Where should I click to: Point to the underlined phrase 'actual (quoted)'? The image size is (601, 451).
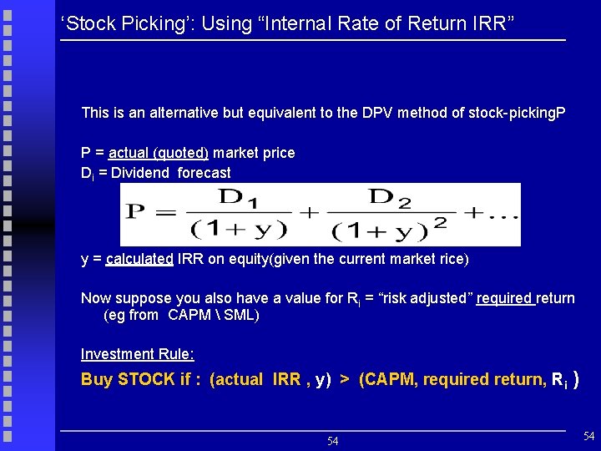point(159,153)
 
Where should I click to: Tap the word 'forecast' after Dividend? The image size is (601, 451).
point(204,173)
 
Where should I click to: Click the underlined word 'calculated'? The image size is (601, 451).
point(139,259)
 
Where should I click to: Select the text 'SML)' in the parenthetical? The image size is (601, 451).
point(240,315)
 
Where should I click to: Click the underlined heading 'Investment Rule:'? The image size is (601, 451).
point(137,354)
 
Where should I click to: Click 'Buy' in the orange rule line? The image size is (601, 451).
point(98,379)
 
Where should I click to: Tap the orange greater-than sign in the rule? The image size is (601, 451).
point(344,379)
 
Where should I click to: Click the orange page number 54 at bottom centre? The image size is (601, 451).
point(332,441)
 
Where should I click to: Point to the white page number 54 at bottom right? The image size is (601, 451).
point(588,436)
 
